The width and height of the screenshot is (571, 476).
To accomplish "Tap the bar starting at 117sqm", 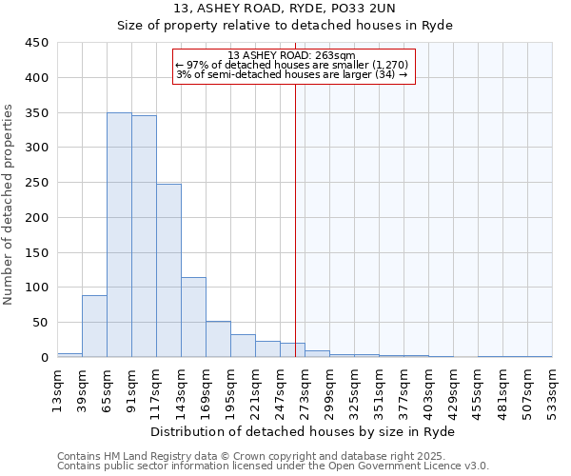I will tap(168, 271).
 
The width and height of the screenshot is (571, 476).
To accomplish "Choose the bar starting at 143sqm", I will tap(193, 318).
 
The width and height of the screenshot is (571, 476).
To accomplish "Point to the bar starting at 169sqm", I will tap(218, 340).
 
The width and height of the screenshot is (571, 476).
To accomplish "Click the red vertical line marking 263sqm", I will tap(295, 219).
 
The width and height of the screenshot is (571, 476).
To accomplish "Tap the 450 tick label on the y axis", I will tap(37, 43).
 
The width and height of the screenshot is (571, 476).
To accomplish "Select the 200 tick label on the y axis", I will tap(37, 218).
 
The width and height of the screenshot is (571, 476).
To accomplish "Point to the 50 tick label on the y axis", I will tap(41, 323).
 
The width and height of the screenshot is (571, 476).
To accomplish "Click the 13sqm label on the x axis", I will tap(57, 387).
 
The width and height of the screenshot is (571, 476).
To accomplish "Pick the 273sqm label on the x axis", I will tap(305, 387).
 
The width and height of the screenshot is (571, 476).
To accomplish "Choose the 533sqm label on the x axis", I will tap(552, 387).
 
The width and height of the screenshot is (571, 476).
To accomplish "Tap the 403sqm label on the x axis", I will tap(428, 387).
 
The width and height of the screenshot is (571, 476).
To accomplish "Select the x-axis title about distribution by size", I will tap(304, 431).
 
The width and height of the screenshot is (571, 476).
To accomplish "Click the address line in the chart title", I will tap(285, 9).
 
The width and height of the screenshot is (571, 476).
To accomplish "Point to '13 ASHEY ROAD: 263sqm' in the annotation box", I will tap(292, 55).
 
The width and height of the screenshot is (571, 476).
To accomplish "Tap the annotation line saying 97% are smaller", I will tap(292, 65).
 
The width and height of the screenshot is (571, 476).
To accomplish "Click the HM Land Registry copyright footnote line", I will tap(271, 456).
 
